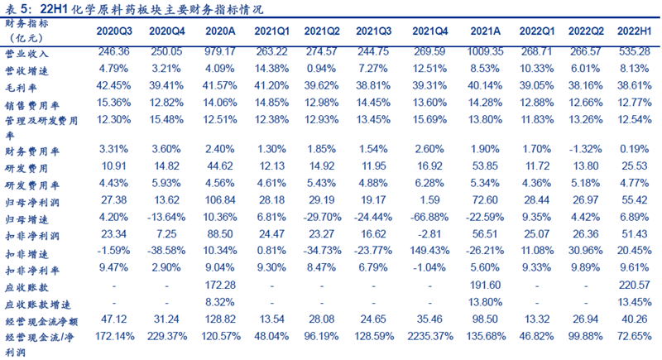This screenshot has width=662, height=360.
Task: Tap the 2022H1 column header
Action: click(x=633, y=31)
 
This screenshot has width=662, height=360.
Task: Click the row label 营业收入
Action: click(x=28, y=51)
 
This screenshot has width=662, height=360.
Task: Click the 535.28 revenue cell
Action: click(x=633, y=51)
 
